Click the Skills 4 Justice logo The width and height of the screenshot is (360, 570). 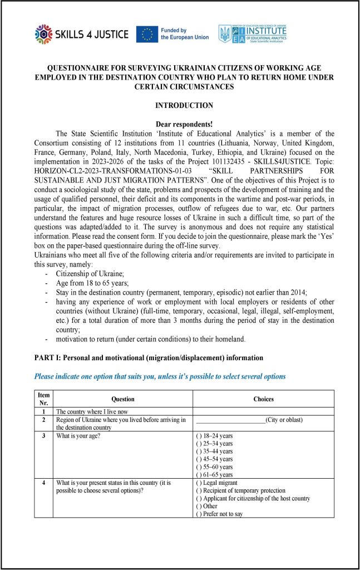point(81,35)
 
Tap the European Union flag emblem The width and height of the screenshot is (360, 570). point(147,35)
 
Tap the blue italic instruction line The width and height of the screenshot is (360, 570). point(160,376)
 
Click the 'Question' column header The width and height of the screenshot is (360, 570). point(123,399)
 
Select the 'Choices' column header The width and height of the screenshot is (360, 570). point(263,399)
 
